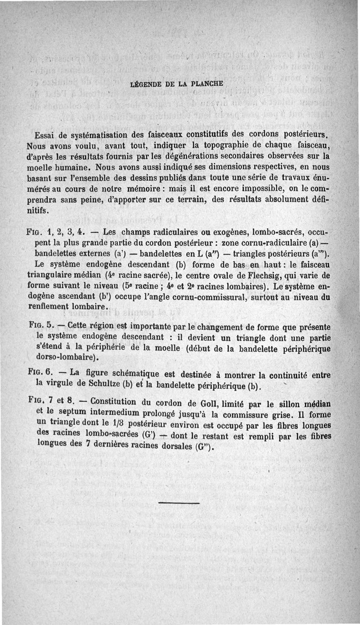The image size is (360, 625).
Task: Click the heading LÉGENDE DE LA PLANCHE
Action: coord(179,85)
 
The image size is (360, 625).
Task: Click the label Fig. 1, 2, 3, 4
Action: coord(54,233)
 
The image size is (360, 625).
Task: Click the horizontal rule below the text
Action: coord(179,503)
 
